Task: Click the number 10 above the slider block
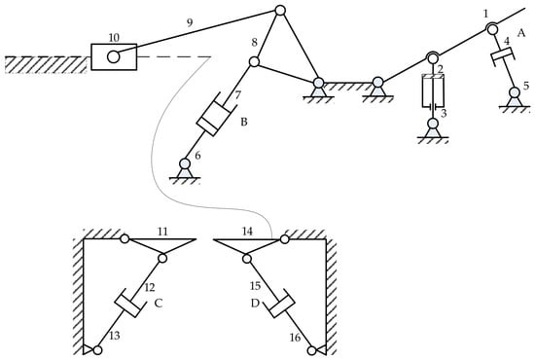114,38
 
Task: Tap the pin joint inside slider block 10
114,56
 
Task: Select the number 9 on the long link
190,22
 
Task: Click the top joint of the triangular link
280,11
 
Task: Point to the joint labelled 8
254,61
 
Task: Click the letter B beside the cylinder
244,122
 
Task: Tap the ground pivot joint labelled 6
185,163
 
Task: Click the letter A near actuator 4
521,33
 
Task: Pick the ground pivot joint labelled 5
515,92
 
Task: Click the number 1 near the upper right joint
485,14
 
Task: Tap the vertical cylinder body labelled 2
433,90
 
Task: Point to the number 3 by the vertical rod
444,113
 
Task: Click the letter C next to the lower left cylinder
158,303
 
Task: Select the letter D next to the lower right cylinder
255,303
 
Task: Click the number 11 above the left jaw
162,232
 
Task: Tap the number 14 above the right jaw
247,232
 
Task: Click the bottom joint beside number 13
97,350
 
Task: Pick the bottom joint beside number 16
311,350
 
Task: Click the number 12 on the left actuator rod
150,287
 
